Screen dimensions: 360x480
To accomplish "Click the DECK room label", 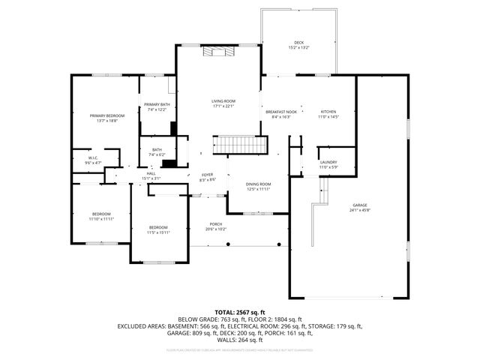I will click(x=298, y=43).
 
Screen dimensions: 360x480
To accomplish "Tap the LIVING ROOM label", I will click(x=223, y=100).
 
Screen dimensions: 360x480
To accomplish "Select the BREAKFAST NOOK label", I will click(x=281, y=112).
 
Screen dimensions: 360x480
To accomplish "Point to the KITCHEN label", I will click(x=328, y=112).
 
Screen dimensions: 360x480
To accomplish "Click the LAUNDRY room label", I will click(x=328, y=162).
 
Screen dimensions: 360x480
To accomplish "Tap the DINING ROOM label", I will click(x=259, y=184).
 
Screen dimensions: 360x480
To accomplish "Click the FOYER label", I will click(x=207, y=175).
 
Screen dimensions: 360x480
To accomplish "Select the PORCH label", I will click(x=216, y=223).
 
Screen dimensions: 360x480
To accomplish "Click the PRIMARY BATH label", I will click(x=157, y=104).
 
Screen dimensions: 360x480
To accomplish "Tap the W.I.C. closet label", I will click(x=93, y=157).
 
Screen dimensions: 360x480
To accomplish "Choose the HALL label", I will click(x=151, y=173).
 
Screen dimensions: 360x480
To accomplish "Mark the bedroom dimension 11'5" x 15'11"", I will click(x=157, y=232).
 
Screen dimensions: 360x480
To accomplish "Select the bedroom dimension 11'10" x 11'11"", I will click(x=102, y=219).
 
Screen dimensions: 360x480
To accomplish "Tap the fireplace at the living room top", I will click(x=218, y=51).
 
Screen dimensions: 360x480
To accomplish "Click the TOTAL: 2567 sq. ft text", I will click(x=240, y=311).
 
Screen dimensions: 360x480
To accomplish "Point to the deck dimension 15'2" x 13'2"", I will click(x=298, y=48).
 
